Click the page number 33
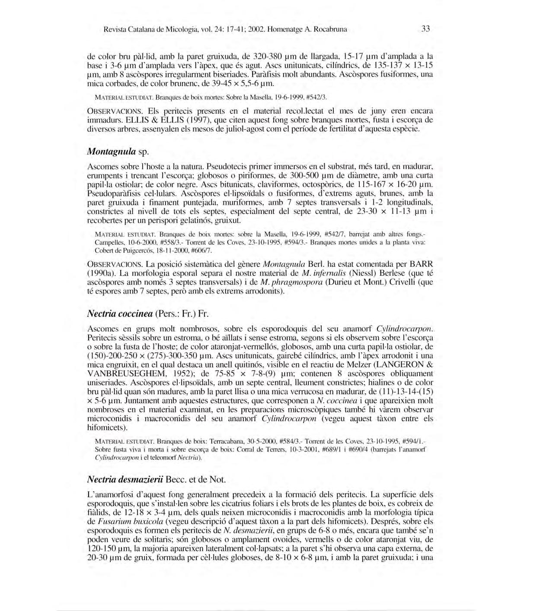click(425, 29)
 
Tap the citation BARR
click(421, 264)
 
